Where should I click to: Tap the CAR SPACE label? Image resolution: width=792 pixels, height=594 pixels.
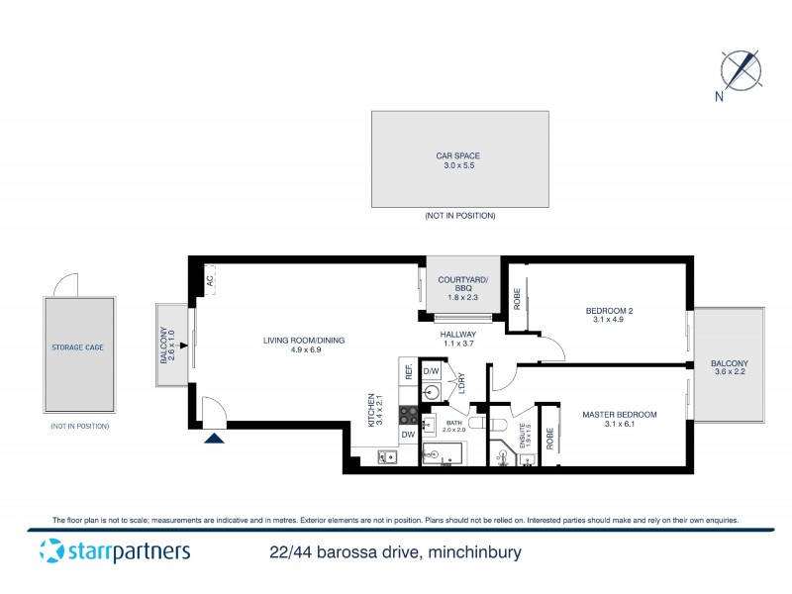(x=458, y=155)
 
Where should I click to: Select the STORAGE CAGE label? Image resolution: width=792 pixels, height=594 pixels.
(x=78, y=347)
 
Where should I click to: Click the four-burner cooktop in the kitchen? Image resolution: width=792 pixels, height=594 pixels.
(x=408, y=414)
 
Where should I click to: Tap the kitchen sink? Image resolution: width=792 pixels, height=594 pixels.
(x=387, y=456)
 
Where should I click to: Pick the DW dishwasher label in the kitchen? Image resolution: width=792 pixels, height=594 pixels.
(x=408, y=436)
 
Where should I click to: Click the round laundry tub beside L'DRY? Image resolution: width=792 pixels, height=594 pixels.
(x=432, y=393)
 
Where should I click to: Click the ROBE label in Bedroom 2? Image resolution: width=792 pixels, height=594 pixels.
(x=517, y=298)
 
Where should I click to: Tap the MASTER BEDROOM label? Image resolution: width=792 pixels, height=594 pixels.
(x=620, y=414)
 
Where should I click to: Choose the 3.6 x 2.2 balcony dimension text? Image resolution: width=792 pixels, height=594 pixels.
(x=731, y=372)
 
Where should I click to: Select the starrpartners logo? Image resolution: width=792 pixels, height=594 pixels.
(x=115, y=550)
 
